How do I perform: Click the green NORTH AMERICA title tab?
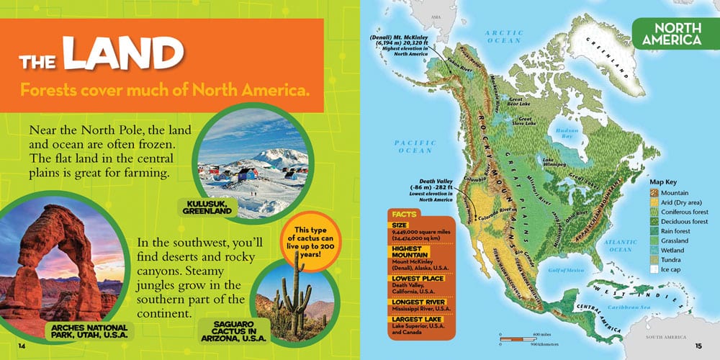coord(667,34)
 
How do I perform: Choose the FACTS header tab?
coord(405,214)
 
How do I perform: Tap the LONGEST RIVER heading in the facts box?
coord(415,302)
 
